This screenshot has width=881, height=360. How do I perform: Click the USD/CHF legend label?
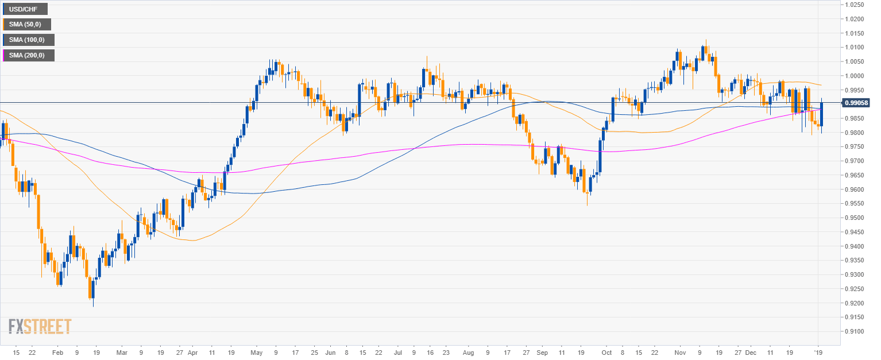point(25,9)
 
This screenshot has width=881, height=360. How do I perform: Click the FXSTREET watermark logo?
point(40,327)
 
